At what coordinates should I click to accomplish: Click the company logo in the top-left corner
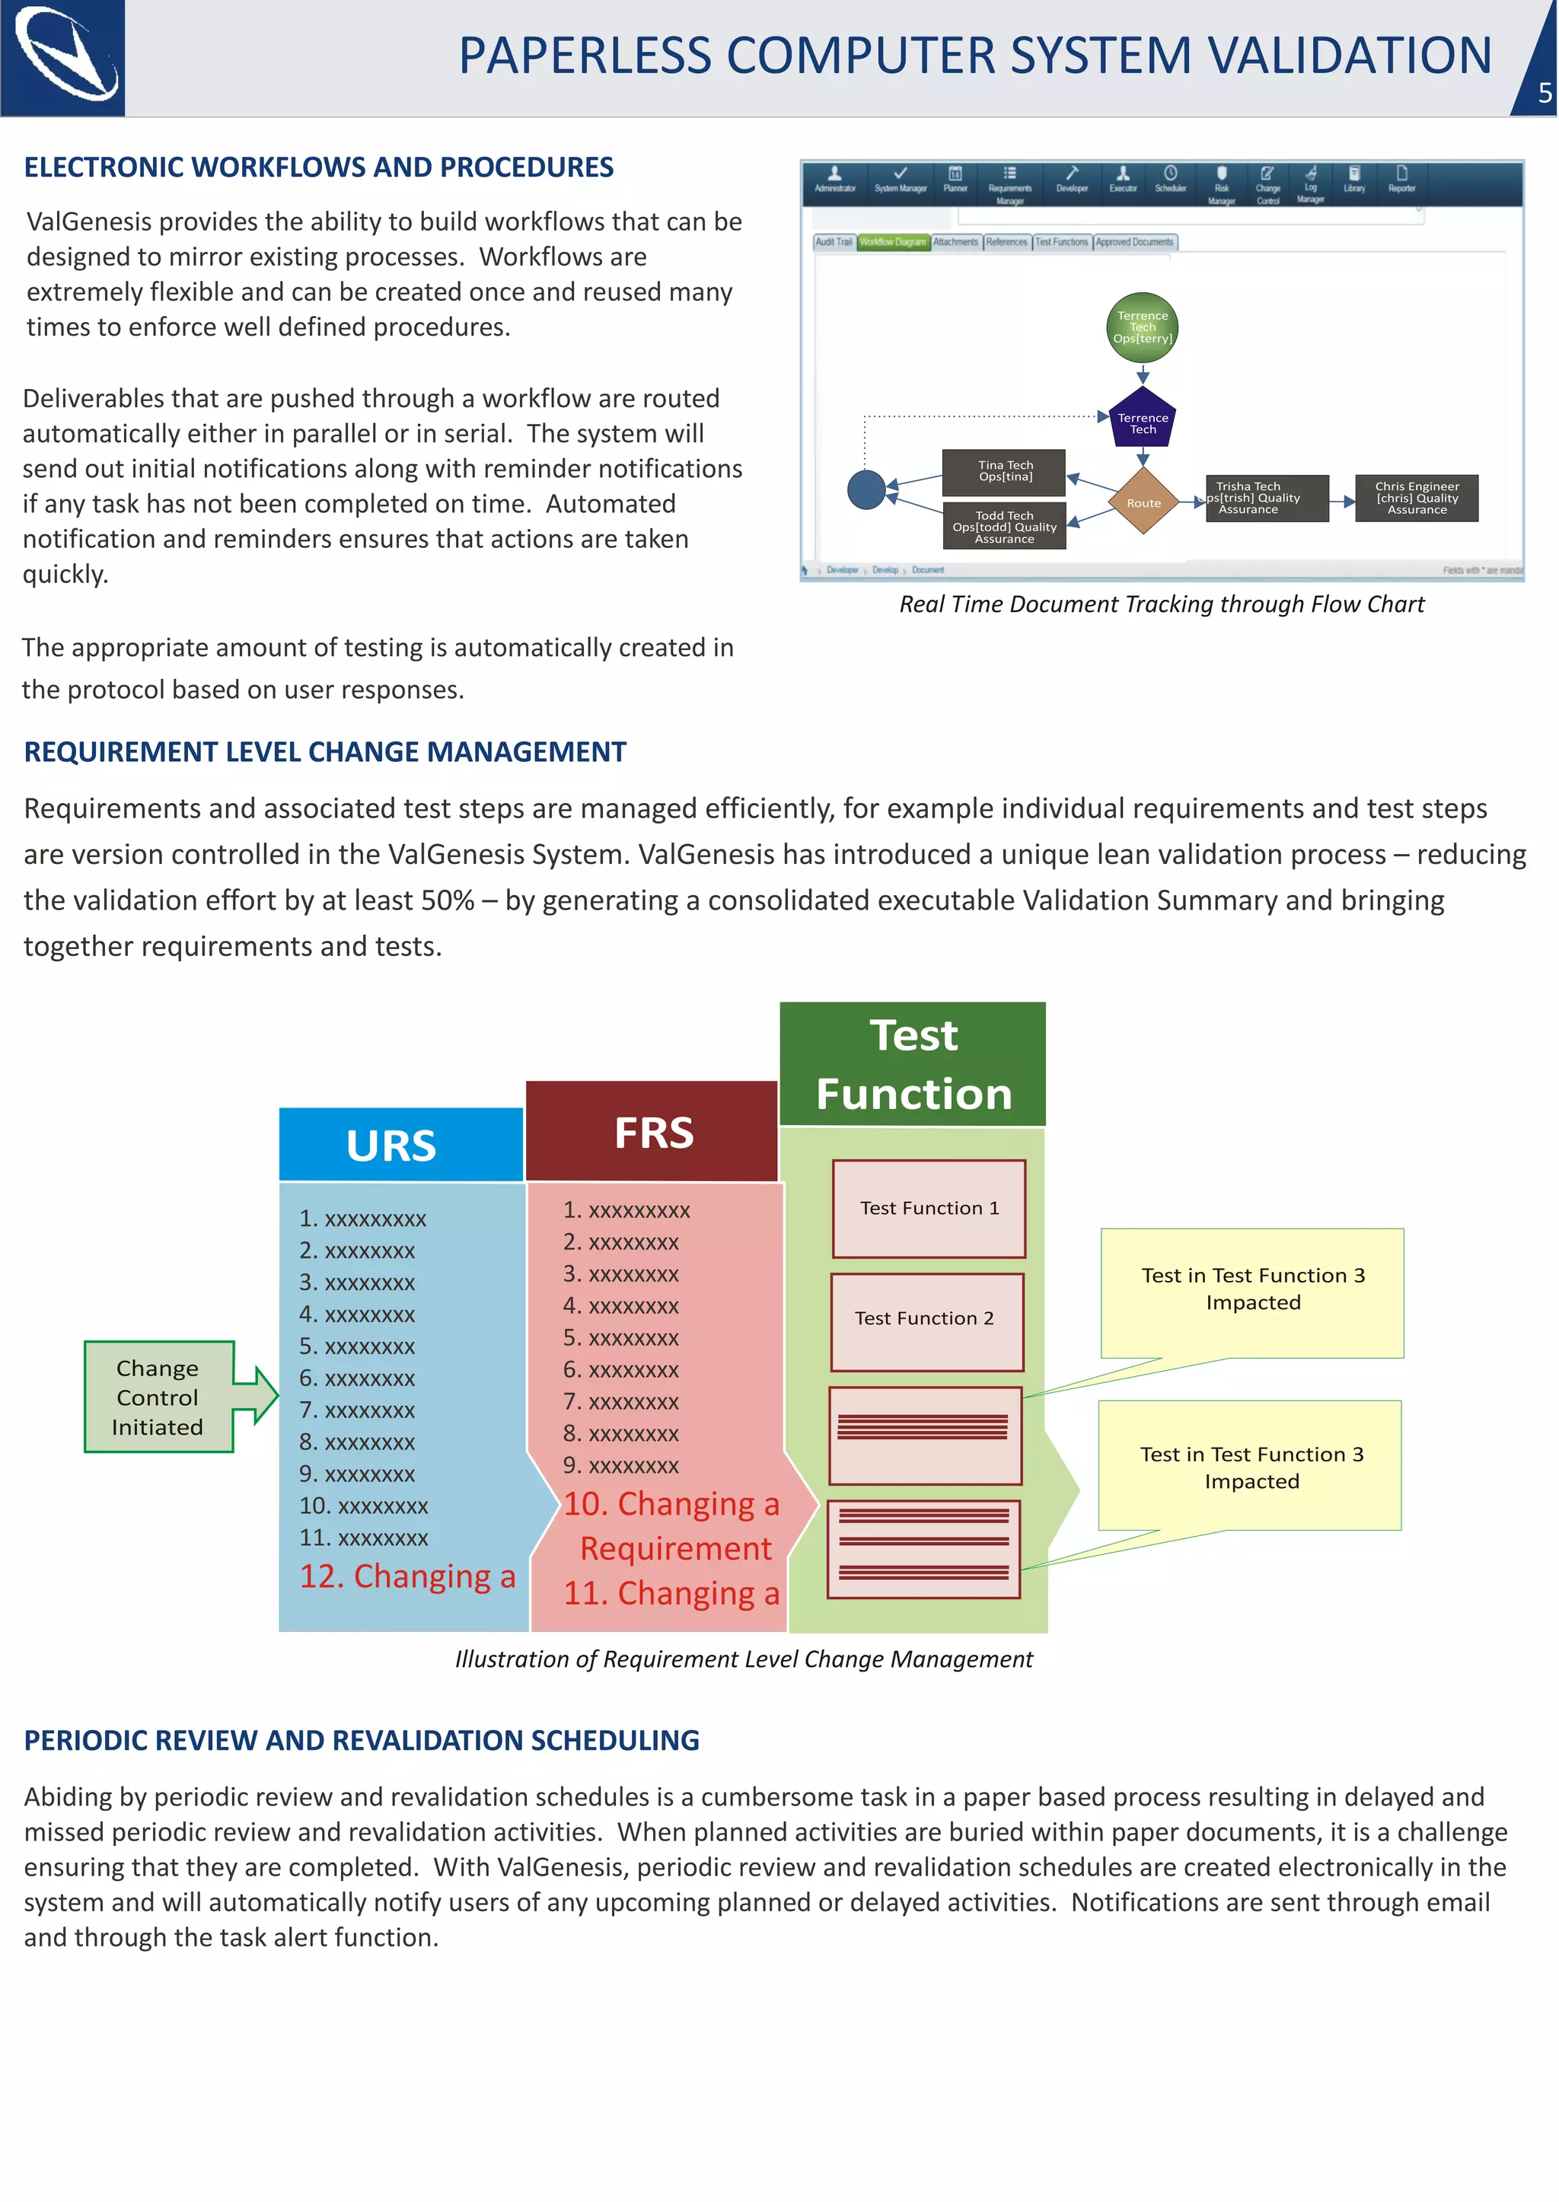(x=63, y=58)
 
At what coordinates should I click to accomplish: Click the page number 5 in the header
(x=1544, y=93)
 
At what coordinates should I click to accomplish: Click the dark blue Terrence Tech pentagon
(x=1143, y=419)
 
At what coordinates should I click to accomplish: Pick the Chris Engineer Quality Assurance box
(x=1416, y=499)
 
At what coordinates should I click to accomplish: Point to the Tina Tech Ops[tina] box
(x=1004, y=471)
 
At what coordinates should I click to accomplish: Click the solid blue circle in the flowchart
(x=866, y=489)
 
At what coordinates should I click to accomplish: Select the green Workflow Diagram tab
(x=892, y=242)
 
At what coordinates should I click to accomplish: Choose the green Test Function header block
(x=912, y=1063)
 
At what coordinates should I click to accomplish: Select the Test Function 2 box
(x=926, y=1320)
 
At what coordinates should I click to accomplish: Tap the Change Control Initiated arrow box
(x=159, y=1397)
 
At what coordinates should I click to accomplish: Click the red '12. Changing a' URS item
(x=407, y=1576)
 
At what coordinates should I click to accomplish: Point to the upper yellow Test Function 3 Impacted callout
(x=1251, y=1290)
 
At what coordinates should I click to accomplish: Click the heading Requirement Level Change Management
(x=324, y=751)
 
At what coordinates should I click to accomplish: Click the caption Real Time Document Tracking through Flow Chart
(x=1161, y=604)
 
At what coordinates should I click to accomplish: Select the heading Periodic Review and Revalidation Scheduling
(x=361, y=1740)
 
